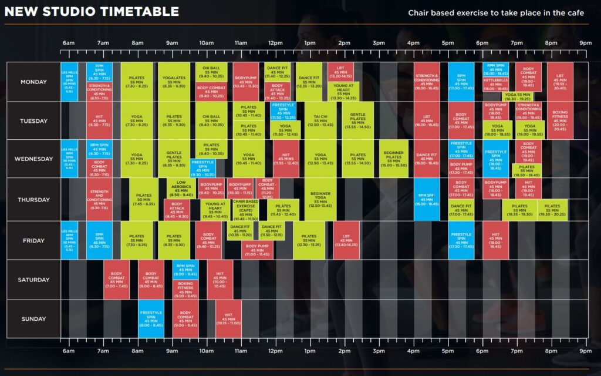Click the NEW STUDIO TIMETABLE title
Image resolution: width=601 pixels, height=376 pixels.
coord(92,11)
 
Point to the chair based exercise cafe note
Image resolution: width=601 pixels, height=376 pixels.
coord(496,13)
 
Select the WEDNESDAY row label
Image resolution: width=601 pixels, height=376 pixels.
coord(33,159)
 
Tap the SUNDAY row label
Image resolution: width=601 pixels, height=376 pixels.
coord(33,319)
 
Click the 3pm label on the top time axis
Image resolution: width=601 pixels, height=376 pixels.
coord(379,43)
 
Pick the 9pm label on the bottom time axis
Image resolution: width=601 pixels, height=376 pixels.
coord(585,351)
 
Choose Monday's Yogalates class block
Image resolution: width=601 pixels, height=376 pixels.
coord(174,82)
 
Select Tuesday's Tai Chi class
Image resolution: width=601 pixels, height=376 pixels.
coord(320,120)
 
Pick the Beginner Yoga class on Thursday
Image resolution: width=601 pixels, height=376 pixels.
coord(320,199)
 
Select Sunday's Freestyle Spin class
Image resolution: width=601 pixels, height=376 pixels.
coord(151,318)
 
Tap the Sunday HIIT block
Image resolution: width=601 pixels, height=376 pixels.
coord(228,319)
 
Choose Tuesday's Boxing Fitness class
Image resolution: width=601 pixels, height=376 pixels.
coord(560,120)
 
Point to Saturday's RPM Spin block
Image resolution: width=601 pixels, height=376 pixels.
coord(185,270)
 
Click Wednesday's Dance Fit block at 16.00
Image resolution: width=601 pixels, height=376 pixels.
coord(426,159)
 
